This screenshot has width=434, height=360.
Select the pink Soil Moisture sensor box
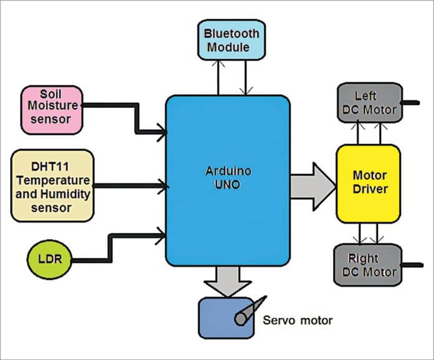pyautogui.click(x=52, y=110)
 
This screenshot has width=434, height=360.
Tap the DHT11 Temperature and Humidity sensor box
pyautogui.click(x=52, y=185)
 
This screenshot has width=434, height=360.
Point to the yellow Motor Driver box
pyautogui.click(x=367, y=183)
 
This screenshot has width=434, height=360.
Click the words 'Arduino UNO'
pyautogui.click(x=228, y=177)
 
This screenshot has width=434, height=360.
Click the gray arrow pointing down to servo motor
pyautogui.click(x=228, y=281)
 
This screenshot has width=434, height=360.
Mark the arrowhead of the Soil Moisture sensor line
pyautogui.click(x=163, y=132)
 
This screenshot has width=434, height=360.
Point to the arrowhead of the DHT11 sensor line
pyautogui.click(x=163, y=185)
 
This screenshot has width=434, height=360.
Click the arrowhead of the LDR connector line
pyautogui.click(x=163, y=235)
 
